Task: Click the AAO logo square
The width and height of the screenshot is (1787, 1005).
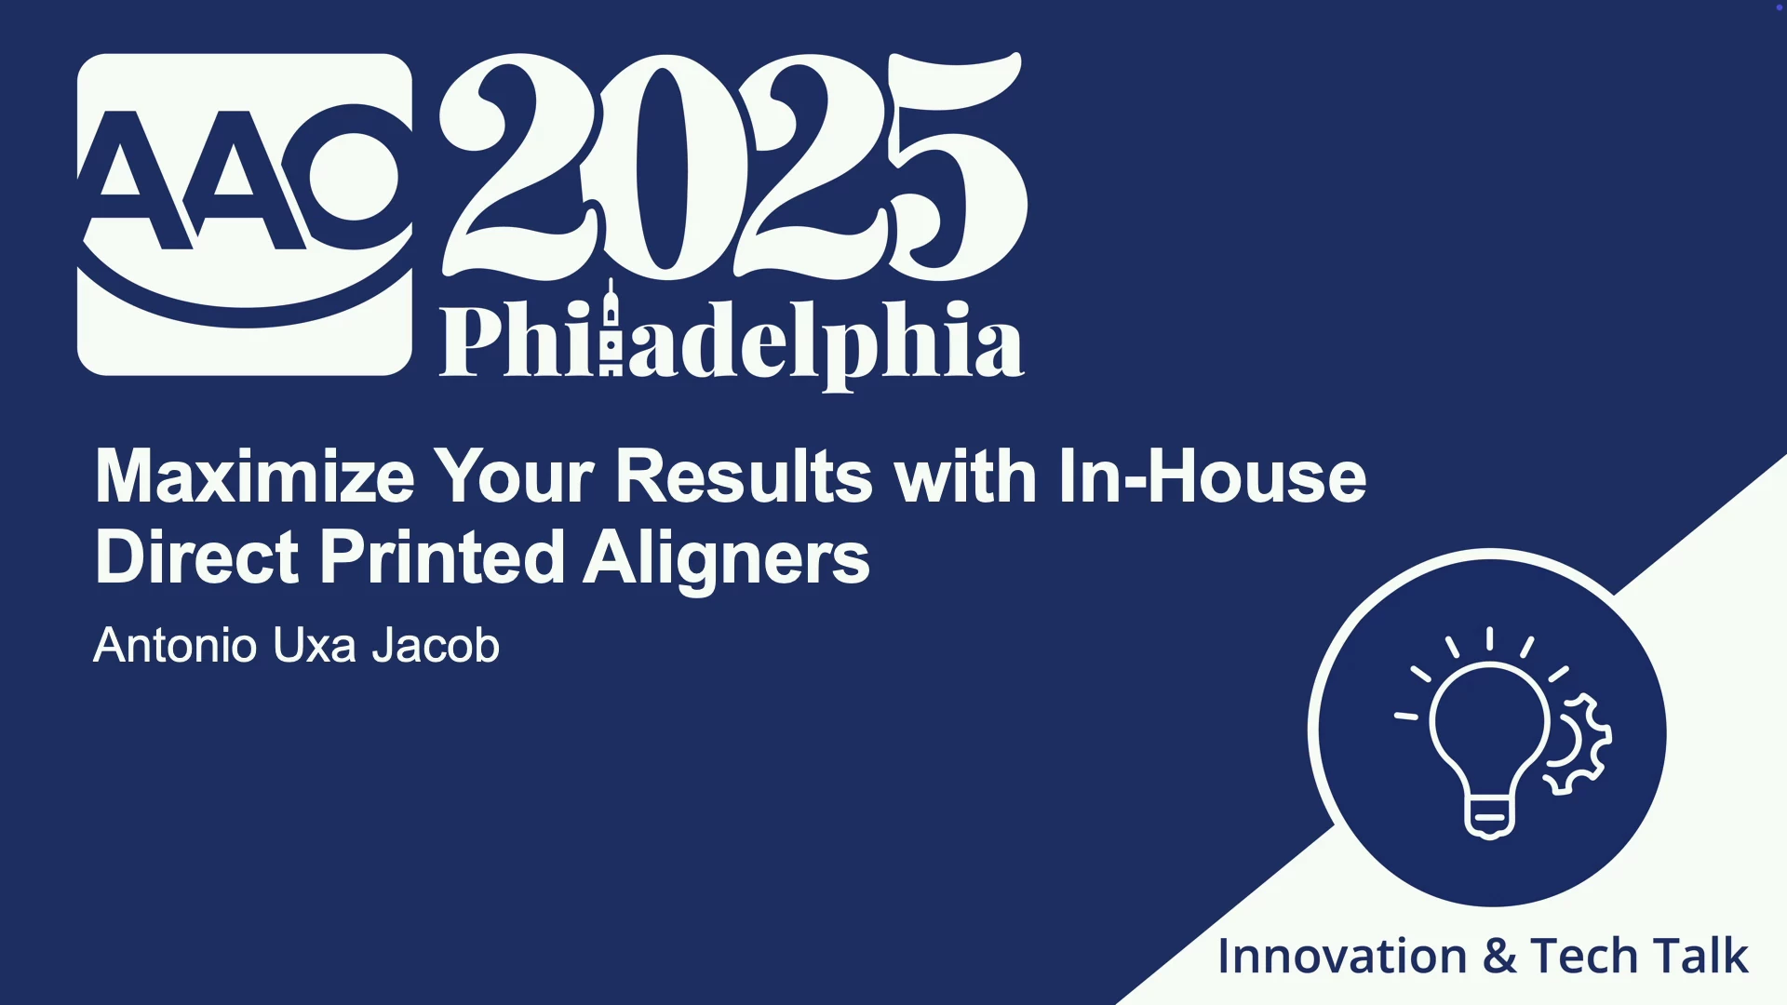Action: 245,214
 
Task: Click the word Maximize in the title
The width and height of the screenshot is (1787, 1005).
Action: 255,476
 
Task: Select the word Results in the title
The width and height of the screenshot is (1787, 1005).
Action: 744,476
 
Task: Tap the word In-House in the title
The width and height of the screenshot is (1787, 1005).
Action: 1212,476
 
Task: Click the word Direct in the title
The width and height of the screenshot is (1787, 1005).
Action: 196,556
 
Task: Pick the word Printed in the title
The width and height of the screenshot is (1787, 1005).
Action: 442,556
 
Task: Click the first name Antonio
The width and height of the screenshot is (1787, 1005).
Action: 175,645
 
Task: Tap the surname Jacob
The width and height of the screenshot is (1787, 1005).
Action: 436,645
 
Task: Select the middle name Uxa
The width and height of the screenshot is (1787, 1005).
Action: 315,645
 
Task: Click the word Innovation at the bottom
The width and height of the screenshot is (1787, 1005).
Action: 1342,956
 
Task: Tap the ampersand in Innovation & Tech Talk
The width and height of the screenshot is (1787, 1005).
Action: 1498,957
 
